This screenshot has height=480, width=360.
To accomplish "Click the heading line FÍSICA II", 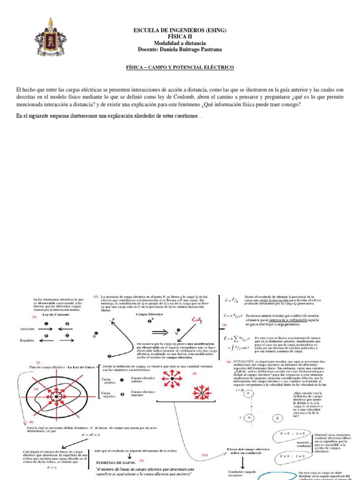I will [x=180, y=36].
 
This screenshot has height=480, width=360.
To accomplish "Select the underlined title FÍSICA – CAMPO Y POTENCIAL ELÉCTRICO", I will [x=180, y=67].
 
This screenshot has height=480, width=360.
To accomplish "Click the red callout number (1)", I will [x=34, y=317].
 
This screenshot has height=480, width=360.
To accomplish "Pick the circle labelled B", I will [x=277, y=418].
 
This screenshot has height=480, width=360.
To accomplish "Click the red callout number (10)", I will [x=204, y=455].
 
